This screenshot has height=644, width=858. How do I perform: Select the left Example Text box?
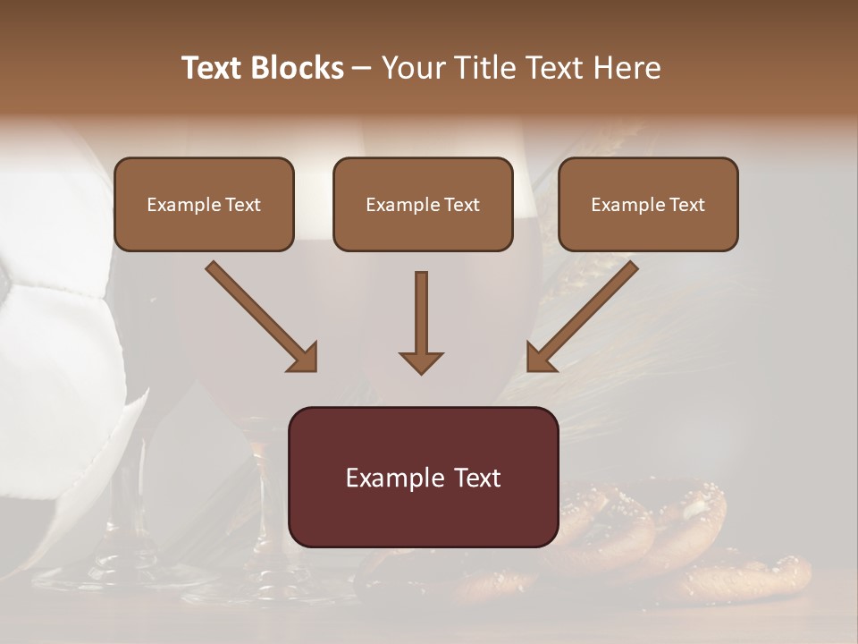click(204, 205)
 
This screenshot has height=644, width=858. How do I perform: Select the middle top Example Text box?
click(423, 205)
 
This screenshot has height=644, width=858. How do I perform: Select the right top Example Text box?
click(648, 205)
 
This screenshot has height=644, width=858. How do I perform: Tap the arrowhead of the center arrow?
click(421, 362)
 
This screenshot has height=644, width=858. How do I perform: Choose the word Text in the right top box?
click(686, 205)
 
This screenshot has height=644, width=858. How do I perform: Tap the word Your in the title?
click(413, 68)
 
